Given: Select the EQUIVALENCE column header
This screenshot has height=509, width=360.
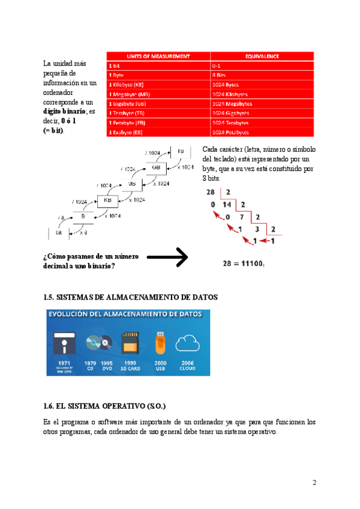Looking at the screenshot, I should (x=262, y=56).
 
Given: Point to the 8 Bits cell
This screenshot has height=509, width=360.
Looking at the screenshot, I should (x=221, y=75).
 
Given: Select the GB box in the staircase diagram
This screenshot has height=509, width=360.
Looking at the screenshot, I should (x=155, y=168).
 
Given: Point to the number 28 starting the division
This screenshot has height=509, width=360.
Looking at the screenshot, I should (x=210, y=192).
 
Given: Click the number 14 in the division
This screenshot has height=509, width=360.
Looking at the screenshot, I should (x=228, y=205).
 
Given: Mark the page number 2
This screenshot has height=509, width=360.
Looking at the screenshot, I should (x=314, y=483).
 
